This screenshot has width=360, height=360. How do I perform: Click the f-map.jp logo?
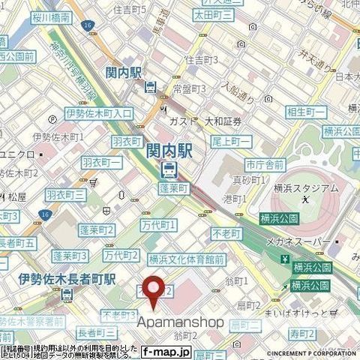166,351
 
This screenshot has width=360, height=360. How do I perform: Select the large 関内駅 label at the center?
169,151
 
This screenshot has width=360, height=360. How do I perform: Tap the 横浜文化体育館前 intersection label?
186,259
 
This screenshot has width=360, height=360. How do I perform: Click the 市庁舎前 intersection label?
265,165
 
